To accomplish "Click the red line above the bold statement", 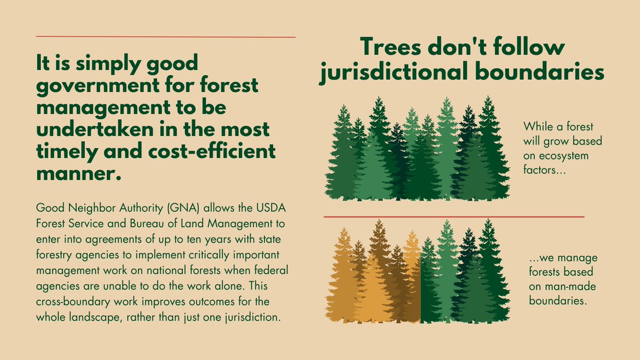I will pyautogui.click(x=165, y=37).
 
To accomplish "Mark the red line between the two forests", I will pyautogui.click(x=453, y=217).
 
